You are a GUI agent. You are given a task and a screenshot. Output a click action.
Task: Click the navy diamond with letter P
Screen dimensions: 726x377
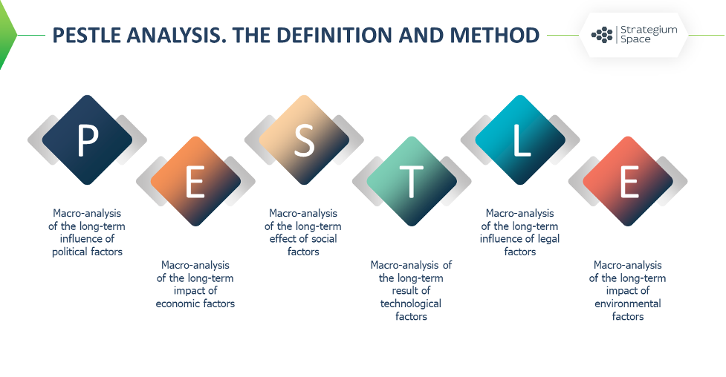click(87, 140)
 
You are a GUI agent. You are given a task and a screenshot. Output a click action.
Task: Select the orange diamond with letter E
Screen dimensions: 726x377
click(195, 181)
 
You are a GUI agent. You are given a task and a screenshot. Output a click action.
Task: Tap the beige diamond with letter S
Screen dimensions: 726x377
click(304, 140)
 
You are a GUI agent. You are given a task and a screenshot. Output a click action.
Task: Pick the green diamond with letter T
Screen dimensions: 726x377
click(412, 181)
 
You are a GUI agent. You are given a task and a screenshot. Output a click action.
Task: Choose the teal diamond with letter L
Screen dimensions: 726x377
click(520, 140)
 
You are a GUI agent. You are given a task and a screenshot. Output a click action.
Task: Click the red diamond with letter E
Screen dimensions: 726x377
click(628, 181)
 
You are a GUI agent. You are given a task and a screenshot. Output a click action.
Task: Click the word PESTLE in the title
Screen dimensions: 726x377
click(87, 35)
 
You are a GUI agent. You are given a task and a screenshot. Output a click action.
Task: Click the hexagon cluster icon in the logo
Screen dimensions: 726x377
click(602, 35)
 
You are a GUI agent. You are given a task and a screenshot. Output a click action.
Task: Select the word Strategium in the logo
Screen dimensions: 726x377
click(649, 30)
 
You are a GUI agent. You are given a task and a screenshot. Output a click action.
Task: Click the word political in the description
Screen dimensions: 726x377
click(69, 252)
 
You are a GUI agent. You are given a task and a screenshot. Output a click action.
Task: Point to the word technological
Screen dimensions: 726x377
click(411, 304)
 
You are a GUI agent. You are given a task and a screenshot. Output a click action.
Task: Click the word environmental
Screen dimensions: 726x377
click(628, 304)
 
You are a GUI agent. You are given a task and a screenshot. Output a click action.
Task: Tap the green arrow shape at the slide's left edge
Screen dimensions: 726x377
click(7, 35)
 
